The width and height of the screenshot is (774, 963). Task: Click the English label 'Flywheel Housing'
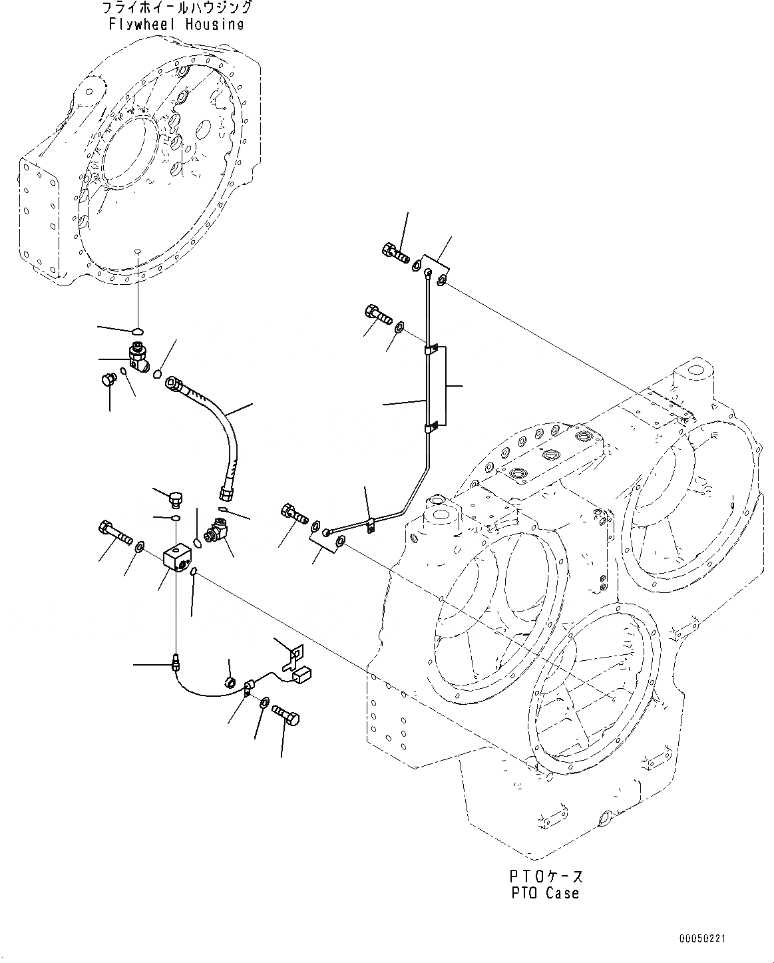176,25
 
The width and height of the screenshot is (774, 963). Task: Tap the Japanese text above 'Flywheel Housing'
176,9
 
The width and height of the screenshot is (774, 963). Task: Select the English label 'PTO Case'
545,893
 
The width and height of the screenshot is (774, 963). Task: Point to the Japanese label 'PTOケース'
545,876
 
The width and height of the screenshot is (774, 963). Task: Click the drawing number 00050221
702,939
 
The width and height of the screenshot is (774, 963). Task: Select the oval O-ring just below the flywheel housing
137,331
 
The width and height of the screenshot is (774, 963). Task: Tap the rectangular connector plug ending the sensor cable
301,675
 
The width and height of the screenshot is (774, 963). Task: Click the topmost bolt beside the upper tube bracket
394,254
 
